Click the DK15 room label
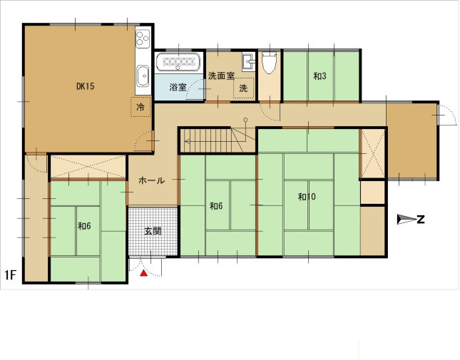pyautogui.click(x=86, y=86)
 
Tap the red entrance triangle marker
pyautogui.click(x=143, y=273)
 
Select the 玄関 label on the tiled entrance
pyautogui.click(x=153, y=231)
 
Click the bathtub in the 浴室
pyautogui.click(x=178, y=62)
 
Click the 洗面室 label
pyautogui.click(x=221, y=76)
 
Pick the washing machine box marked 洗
pyautogui.click(x=243, y=88)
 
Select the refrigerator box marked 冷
pyautogui.click(x=140, y=107)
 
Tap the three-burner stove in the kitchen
pyautogui.click(x=143, y=38)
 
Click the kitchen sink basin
pyautogui.click(x=143, y=76)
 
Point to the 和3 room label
pyautogui.click(x=320, y=76)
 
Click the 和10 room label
pyautogui.click(x=307, y=197)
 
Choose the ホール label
pyautogui.click(x=151, y=180)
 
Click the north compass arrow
pyautogui.click(x=407, y=220)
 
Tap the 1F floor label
pyautogui.click(x=10, y=275)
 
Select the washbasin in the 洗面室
pyautogui.click(x=248, y=62)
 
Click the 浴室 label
pyautogui.click(x=178, y=87)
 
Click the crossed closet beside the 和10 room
pyautogui.click(x=372, y=153)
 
